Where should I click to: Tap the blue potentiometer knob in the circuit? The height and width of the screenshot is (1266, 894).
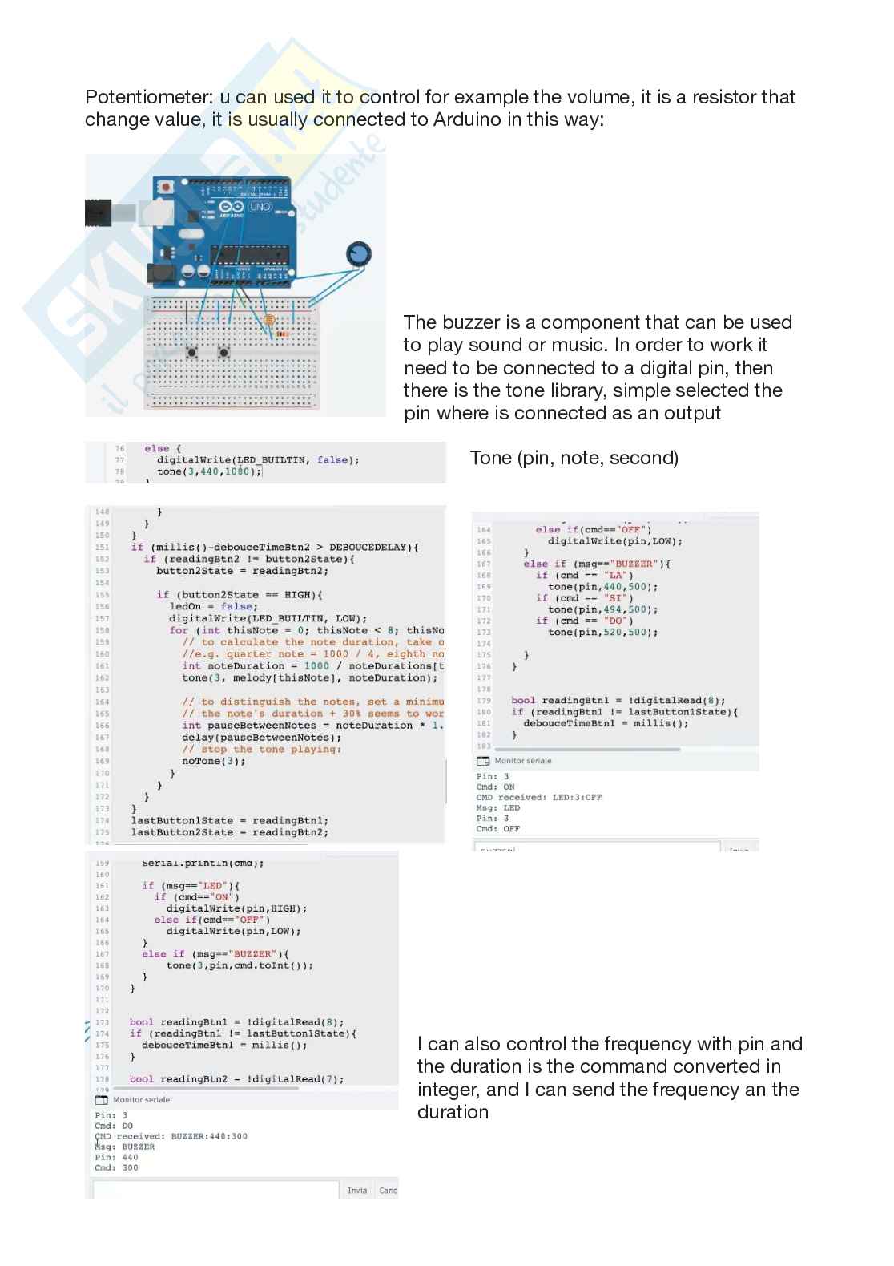[x=360, y=253]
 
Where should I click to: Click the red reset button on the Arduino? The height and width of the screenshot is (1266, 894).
[x=166, y=187]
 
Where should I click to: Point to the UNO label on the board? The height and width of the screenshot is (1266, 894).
[x=259, y=206]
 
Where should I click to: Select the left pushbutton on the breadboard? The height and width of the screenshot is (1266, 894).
[x=192, y=352]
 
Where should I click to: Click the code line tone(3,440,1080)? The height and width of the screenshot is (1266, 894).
[x=209, y=471]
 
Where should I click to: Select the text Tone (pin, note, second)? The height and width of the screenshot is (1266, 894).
[x=574, y=458]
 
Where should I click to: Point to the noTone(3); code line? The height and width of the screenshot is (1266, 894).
[x=213, y=761]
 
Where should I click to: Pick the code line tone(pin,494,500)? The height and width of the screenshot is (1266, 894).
[x=602, y=609]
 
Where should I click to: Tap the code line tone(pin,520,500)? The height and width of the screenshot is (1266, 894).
[x=602, y=632]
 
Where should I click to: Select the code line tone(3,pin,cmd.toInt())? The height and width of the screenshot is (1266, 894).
[x=240, y=965]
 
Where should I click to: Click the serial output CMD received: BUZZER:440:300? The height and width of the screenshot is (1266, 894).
[x=171, y=1136]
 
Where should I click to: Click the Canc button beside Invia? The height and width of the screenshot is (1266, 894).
[x=388, y=1191]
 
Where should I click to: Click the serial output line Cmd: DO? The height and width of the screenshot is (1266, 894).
[x=114, y=1126]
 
